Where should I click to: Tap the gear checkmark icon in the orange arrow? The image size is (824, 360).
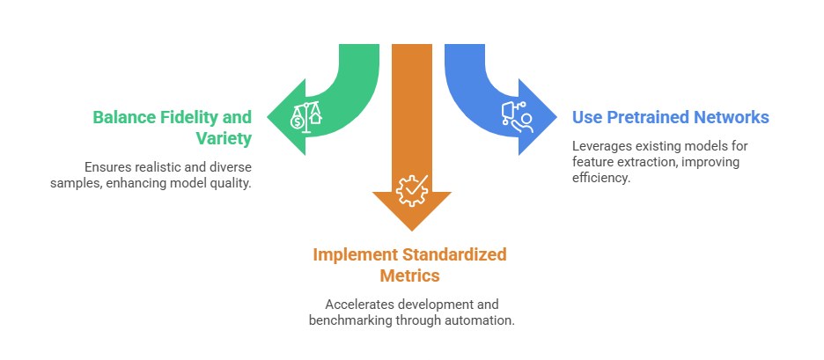411,189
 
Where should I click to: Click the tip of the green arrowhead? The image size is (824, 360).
268,115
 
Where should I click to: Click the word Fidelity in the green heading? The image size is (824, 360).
187,117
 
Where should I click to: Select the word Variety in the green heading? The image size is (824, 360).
224,138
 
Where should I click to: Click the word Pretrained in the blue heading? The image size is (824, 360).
647,117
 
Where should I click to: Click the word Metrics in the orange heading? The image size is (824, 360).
410,276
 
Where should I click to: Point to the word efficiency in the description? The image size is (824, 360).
602,178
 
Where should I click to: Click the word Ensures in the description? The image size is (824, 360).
107,166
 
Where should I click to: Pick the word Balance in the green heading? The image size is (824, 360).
122,117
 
